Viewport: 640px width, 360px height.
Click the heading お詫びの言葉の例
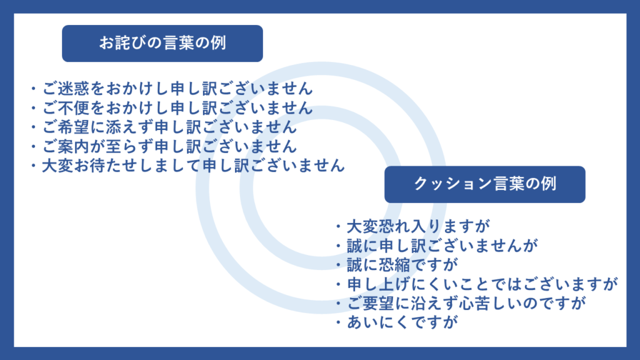(x=162, y=43)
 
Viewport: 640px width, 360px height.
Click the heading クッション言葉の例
(x=485, y=184)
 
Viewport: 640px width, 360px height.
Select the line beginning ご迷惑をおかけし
(x=177, y=89)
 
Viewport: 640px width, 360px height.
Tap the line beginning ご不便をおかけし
(x=177, y=107)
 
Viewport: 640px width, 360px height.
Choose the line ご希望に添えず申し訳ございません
(x=169, y=127)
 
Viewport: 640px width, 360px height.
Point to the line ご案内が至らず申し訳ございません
(x=169, y=146)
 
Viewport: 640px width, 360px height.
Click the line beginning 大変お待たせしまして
(x=194, y=165)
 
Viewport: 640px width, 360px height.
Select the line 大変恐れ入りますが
(x=418, y=226)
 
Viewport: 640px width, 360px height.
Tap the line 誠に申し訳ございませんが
(x=442, y=245)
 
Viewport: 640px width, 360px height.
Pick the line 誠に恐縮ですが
(x=402, y=264)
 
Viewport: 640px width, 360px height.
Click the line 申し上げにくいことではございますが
(x=482, y=284)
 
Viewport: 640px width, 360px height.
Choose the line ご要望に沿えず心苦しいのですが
(x=466, y=303)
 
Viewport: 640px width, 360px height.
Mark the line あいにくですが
(x=402, y=322)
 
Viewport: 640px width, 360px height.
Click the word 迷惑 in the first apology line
(x=74, y=89)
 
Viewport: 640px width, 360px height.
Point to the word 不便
(x=74, y=107)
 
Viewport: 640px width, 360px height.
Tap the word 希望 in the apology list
(x=74, y=127)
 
